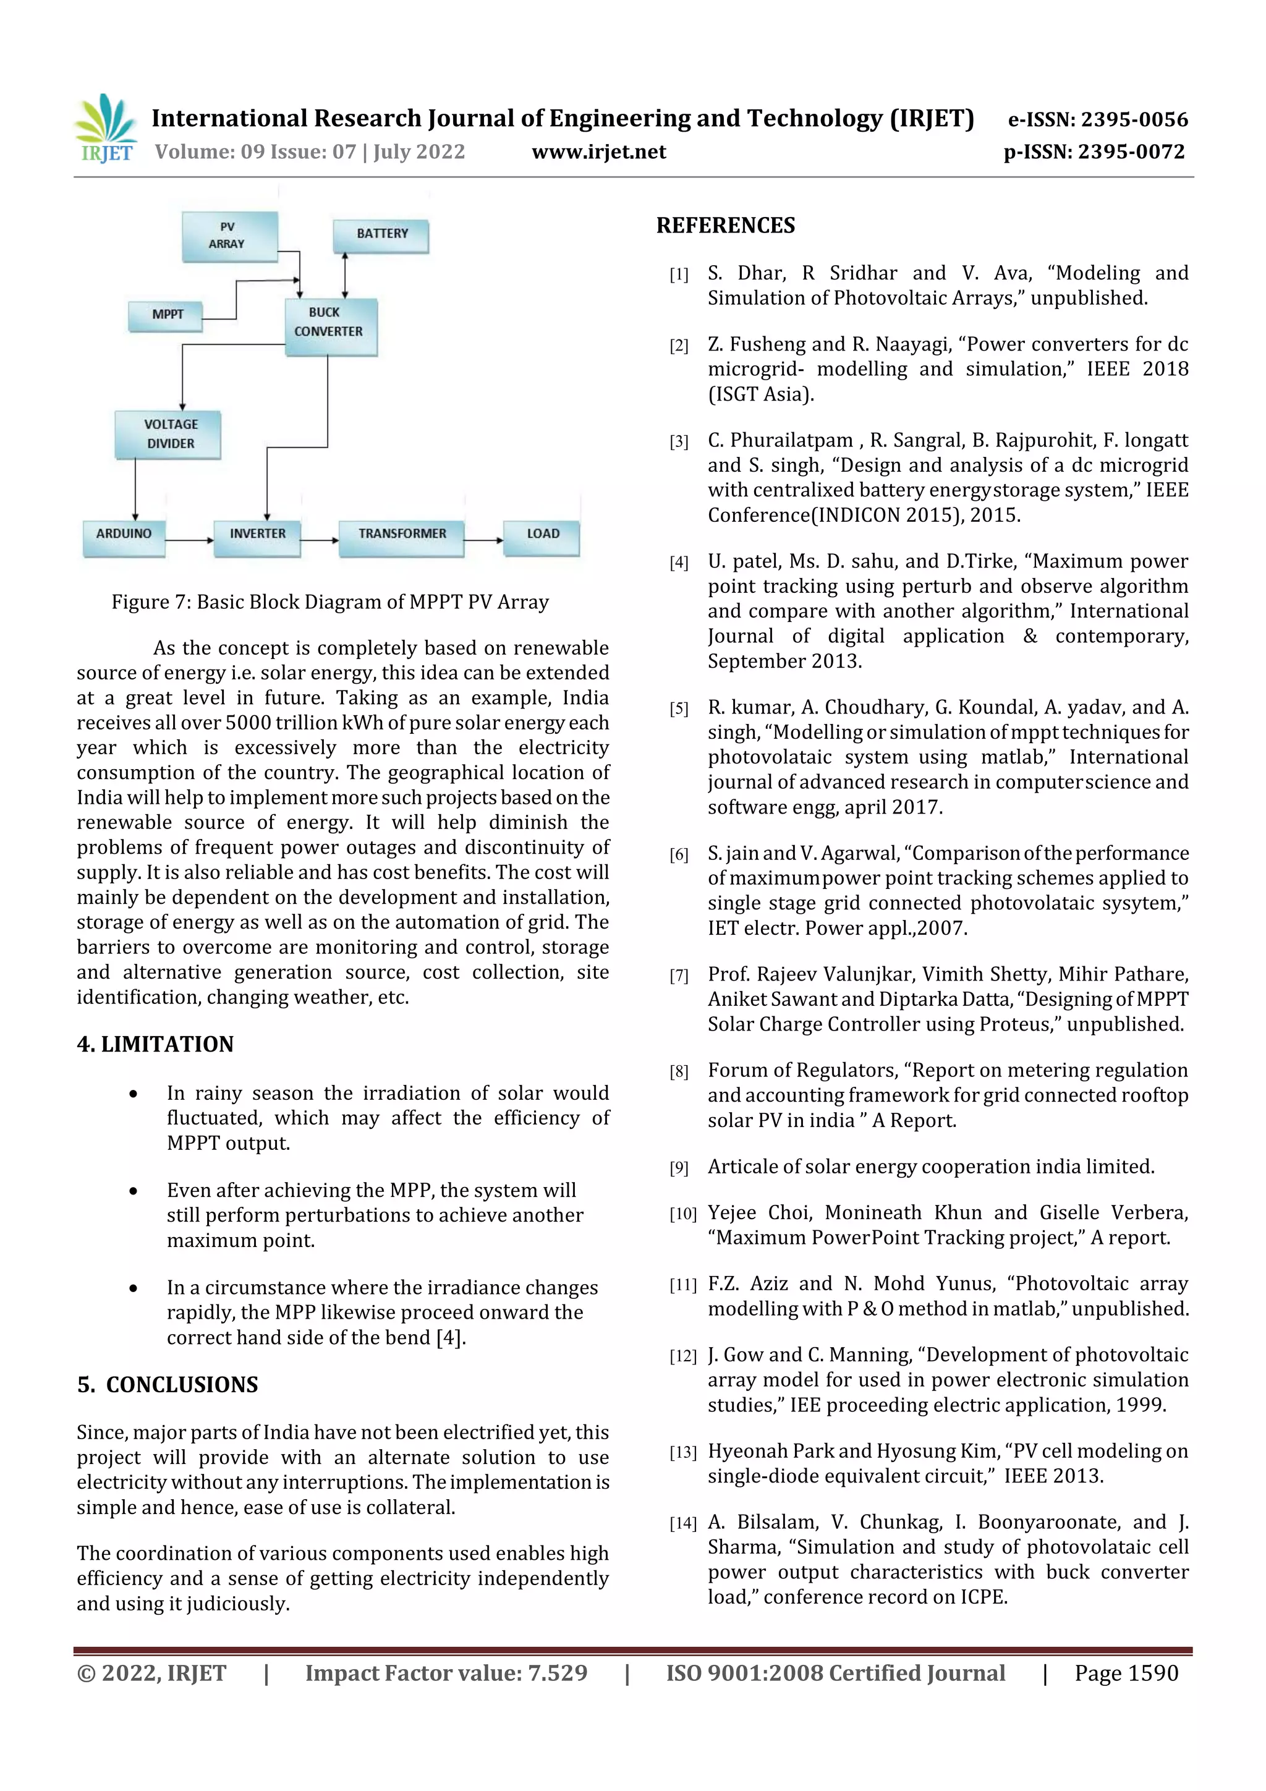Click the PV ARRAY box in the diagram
click(229, 236)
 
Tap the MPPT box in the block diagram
click(166, 315)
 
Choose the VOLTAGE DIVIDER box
click(169, 435)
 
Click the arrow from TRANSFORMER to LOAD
click(483, 540)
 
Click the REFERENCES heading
click(724, 226)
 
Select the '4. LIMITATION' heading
click(155, 1044)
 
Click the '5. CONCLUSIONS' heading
click(168, 1385)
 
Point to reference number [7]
click(679, 976)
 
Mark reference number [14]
click(682, 1523)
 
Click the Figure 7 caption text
click(330, 602)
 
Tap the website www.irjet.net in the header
click(598, 152)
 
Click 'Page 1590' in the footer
click(1126, 1673)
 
